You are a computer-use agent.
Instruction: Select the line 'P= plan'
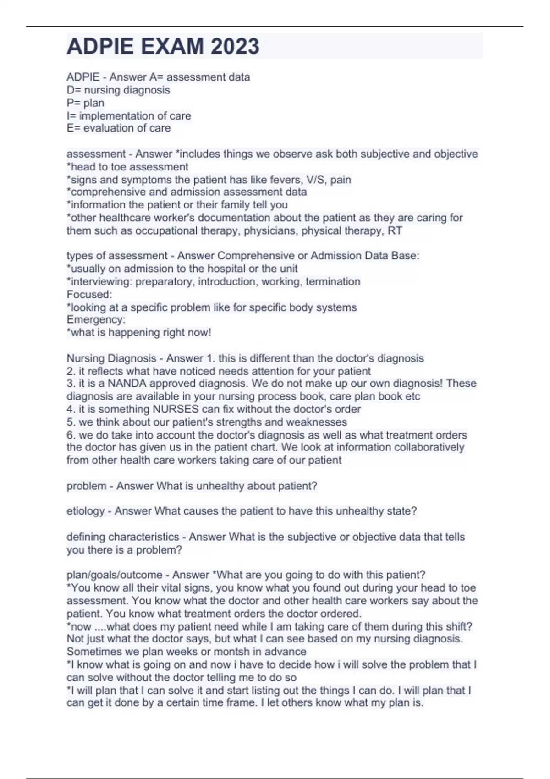tap(86, 103)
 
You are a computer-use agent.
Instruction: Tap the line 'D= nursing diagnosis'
tap(118, 90)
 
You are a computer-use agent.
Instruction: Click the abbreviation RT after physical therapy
tap(395, 230)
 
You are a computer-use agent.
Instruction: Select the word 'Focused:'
tap(89, 294)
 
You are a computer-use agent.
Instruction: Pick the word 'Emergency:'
tap(96, 319)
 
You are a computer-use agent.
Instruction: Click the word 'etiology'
tap(85, 511)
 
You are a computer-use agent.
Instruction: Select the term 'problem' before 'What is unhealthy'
tap(86, 486)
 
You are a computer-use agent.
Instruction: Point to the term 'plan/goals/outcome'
tap(115, 575)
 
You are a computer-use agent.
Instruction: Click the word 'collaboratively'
tap(429, 447)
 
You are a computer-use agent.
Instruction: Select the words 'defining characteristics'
tap(123, 537)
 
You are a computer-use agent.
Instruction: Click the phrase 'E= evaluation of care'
tap(119, 128)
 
